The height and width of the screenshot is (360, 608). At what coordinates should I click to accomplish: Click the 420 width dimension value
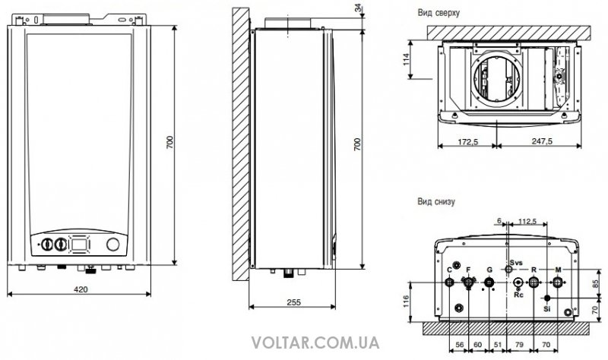[81, 289]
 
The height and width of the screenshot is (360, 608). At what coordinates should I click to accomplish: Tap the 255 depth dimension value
[293, 302]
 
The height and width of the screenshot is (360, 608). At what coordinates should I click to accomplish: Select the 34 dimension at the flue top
[358, 7]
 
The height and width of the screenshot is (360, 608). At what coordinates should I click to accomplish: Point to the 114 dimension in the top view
[406, 59]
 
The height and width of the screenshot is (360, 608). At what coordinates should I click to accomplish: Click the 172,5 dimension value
[467, 142]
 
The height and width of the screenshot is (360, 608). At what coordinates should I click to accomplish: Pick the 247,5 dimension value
[542, 141]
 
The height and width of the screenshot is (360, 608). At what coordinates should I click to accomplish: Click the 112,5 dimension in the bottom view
[527, 221]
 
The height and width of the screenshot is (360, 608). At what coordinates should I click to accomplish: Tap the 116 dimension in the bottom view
[406, 302]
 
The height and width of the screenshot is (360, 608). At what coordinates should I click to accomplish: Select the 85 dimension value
[597, 284]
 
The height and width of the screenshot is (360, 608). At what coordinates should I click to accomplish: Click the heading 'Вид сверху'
[439, 12]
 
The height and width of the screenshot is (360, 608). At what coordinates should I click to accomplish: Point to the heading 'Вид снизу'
[436, 201]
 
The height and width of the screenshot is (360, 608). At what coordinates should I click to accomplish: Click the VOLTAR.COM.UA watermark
[315, 343]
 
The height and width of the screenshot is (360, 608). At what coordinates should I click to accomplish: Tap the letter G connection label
[489, 270]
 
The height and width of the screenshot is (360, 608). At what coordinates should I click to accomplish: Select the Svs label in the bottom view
[517, 263]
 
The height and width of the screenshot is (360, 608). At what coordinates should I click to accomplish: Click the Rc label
[518, 295]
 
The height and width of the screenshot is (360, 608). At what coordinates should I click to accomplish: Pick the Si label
[546, 309]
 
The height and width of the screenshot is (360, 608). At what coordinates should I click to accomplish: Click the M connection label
[558, 270]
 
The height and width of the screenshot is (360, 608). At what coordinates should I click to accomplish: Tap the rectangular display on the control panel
[80, 244]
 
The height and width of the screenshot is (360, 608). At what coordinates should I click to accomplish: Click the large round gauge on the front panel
[113, 244]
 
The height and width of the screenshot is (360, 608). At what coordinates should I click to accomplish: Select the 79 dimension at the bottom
[520, 345]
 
